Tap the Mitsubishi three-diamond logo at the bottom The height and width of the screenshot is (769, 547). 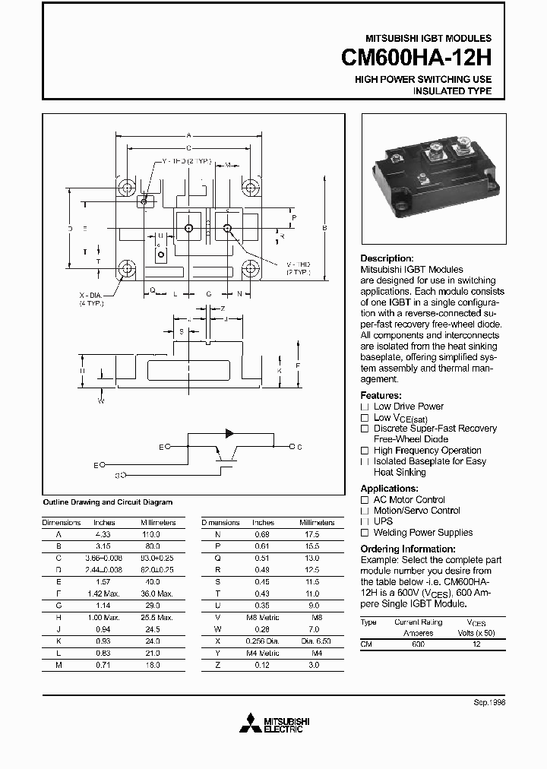point(250,724)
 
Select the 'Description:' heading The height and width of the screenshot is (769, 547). point(387,258)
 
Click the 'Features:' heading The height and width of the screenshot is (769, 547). point(381,395)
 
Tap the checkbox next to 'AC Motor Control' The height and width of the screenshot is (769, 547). point(365,500)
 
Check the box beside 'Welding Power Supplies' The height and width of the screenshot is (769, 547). point(365,533)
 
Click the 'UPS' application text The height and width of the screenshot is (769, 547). point(383,521)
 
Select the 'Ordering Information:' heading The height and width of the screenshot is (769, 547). point(407,549)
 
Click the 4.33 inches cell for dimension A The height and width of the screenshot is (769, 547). point(103,534)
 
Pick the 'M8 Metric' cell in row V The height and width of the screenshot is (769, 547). point(263,617)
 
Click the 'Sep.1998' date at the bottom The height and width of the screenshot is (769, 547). point(489,704)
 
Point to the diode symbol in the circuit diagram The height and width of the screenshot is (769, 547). point(229,434)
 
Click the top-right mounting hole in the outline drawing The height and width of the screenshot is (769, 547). point(249,187)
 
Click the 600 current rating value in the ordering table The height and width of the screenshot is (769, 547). point(418,644)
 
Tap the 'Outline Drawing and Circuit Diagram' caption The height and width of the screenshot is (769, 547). point(107,502)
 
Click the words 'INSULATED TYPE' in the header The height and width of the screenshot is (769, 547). point(452,91)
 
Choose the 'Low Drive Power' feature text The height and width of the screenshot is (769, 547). point(409,407)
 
